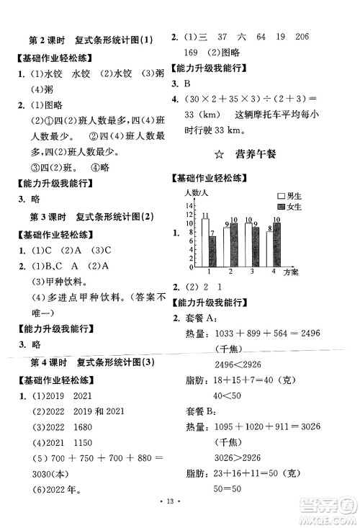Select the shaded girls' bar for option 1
coord(212,251)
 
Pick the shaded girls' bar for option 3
coord(256,245)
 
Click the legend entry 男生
coord(292,195)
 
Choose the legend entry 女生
coord(292,207)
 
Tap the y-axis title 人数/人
coord(195,192)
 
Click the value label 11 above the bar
coord(205,215)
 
